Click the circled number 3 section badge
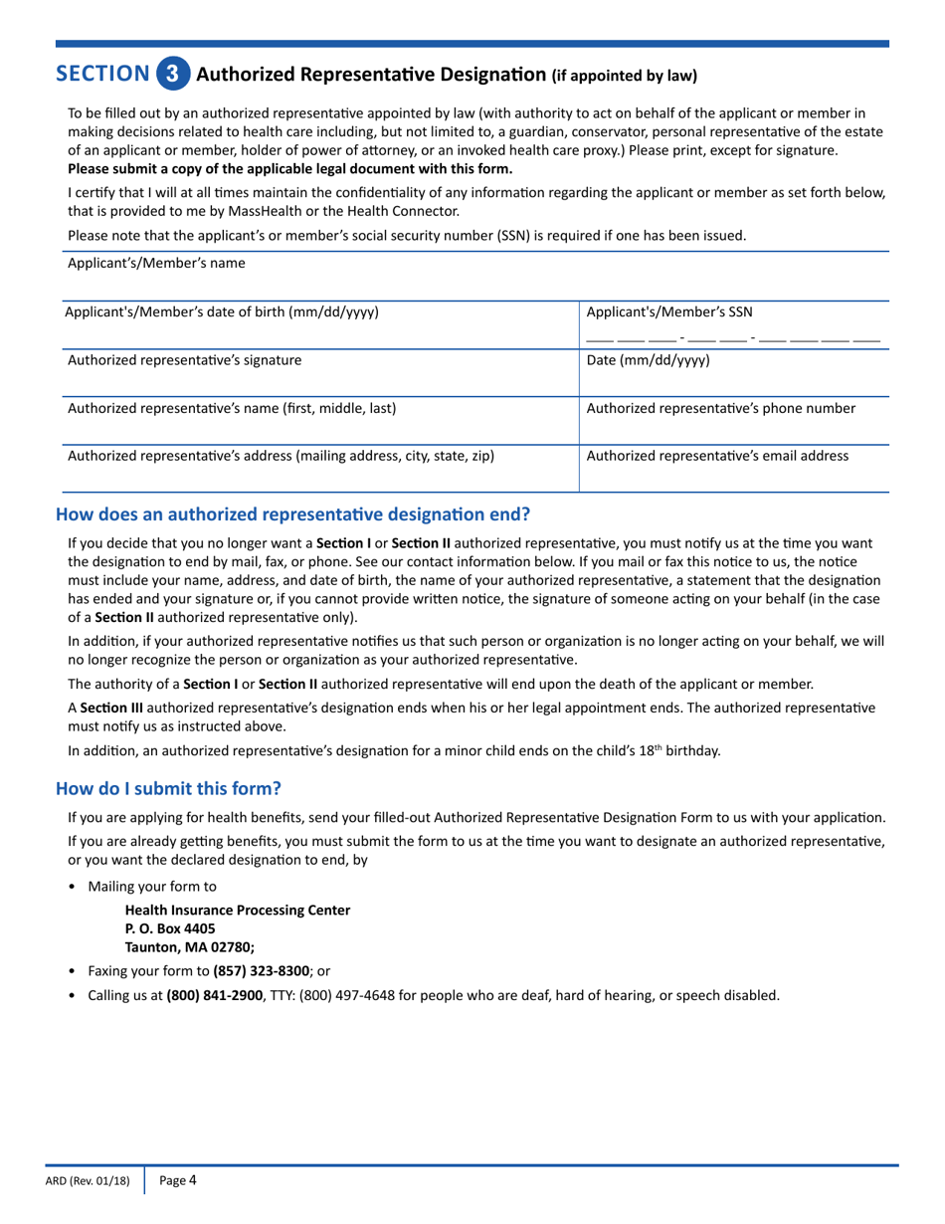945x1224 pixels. (172, 74)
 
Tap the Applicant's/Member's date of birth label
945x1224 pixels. (221, 311)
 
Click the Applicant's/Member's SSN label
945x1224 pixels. (669, 311)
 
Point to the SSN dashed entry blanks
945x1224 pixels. (733, 337)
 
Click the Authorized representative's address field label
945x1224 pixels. (281, 456)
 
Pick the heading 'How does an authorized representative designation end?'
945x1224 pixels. (293, 514)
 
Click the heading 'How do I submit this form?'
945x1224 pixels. (169, 788)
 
